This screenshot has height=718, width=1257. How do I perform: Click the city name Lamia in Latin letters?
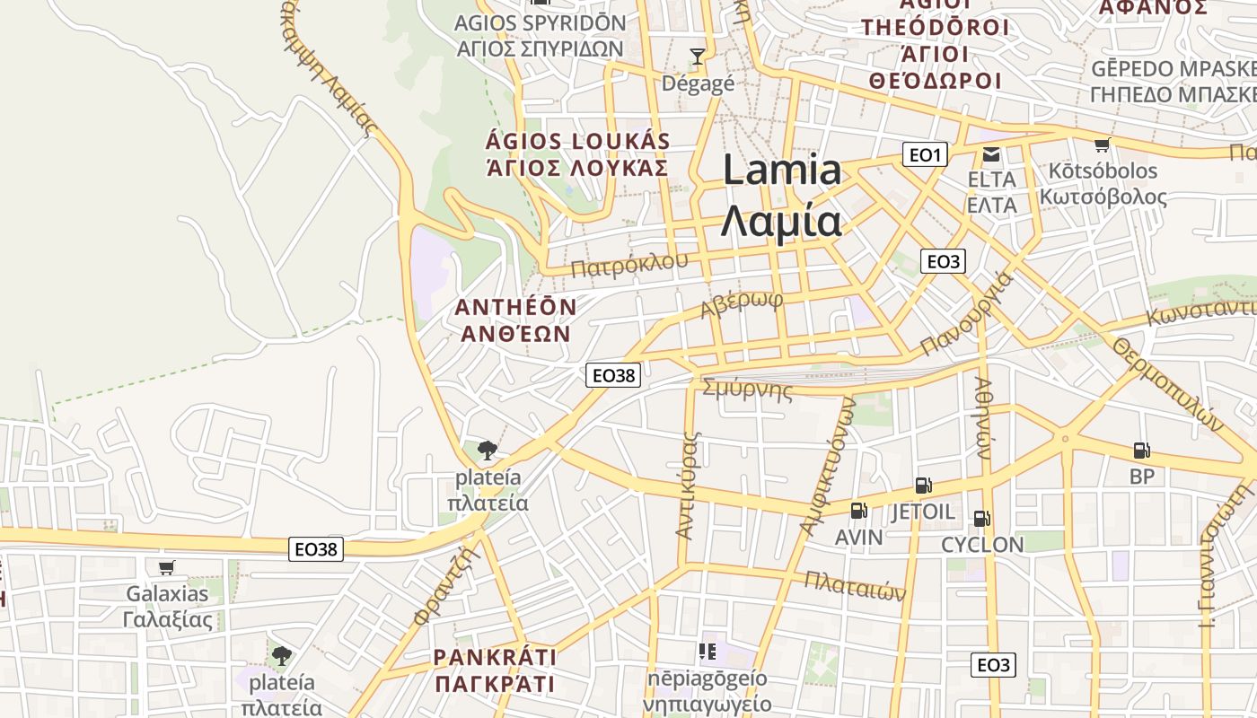[x=782, y=171]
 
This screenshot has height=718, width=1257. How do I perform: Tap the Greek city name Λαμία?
[x=782, y=221]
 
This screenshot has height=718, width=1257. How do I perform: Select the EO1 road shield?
[x=925, y=155]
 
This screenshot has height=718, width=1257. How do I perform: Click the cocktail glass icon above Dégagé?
[x=697, y=57]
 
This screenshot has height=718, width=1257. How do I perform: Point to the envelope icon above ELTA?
[x=991, y=154]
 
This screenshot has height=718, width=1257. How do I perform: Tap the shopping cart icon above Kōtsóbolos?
[x=1102, y=145]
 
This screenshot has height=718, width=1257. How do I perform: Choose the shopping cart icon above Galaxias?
[x=166, y=567]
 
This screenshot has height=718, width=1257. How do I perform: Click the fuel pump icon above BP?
[x=1141, y=451]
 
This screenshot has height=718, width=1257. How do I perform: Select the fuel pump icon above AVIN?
[x=858, y=511]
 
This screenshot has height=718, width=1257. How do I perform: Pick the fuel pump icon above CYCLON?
[x=981, y=518]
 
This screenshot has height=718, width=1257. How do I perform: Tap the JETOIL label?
[x=923, y=512]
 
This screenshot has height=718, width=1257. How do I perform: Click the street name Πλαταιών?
[x=855, y=586]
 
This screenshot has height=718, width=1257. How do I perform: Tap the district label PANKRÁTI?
[x=495, y=657]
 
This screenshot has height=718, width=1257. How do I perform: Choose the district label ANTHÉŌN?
[x=515, y=307]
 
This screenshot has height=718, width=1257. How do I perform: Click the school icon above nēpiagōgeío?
[x=708, y=651]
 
